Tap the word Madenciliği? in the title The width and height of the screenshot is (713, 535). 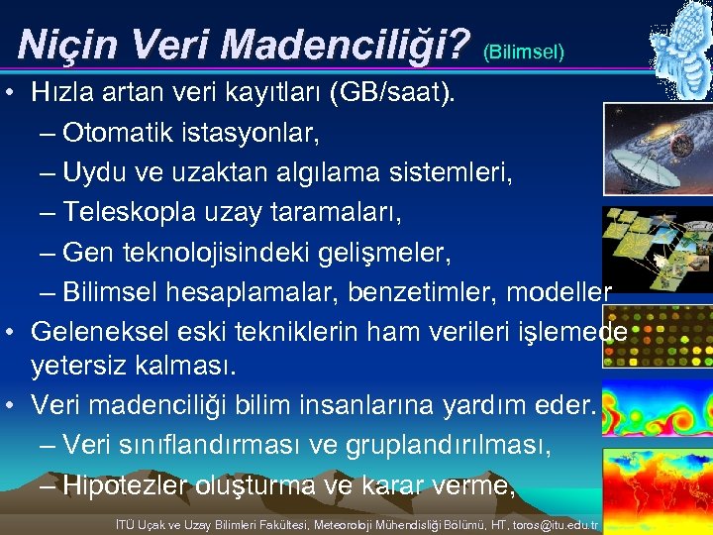346,44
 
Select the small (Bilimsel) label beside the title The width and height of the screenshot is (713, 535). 524,50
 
